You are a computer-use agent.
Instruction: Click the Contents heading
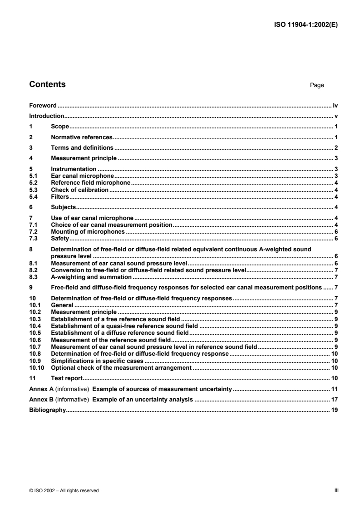(x=47, y=84)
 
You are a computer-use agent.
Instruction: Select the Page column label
(x=316, y=85)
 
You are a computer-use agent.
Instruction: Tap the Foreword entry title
(x=43, y=105)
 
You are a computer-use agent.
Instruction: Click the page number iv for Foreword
(x=335, y=105)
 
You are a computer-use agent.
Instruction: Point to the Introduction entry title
(x=46, y=116)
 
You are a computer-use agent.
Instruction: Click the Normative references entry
(x=81, y=137)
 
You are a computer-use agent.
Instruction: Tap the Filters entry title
(x=59, y=196)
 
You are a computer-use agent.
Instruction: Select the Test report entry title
(x=66, y=378)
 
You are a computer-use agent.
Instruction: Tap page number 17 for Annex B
(x=334, y=399)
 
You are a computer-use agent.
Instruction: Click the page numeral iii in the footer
(x=336, y=490)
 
